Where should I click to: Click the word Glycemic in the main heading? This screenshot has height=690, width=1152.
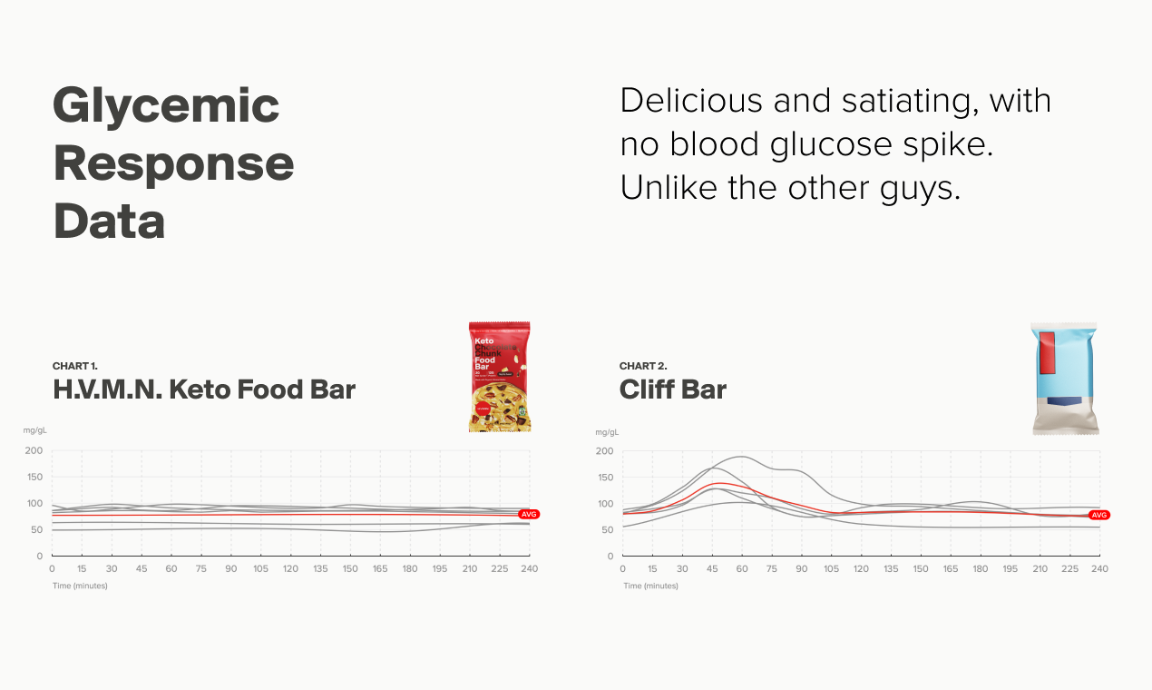166,107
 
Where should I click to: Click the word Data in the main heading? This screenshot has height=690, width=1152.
109,222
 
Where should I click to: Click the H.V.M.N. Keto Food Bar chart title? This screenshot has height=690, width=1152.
204,389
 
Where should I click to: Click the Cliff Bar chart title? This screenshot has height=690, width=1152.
673,389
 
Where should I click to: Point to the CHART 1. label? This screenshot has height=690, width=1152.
76,366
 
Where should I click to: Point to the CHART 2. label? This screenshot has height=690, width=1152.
643,366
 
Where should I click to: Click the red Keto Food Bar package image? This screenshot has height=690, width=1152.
499,376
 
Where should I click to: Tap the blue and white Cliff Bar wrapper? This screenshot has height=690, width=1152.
1065,378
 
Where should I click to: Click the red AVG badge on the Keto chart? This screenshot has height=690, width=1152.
529,514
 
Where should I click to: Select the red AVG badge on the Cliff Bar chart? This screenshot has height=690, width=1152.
1098,515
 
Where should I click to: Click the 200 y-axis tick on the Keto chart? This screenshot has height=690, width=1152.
34,451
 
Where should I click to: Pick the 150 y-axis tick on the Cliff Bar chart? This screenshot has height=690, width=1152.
604,478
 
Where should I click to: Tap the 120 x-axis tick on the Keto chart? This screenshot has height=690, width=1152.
290,568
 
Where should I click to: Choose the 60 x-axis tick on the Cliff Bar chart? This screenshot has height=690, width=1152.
741,568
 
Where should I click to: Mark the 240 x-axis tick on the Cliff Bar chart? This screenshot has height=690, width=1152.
1099,568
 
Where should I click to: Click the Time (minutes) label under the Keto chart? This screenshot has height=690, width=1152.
80,586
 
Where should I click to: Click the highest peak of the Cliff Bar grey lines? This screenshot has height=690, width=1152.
742,457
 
